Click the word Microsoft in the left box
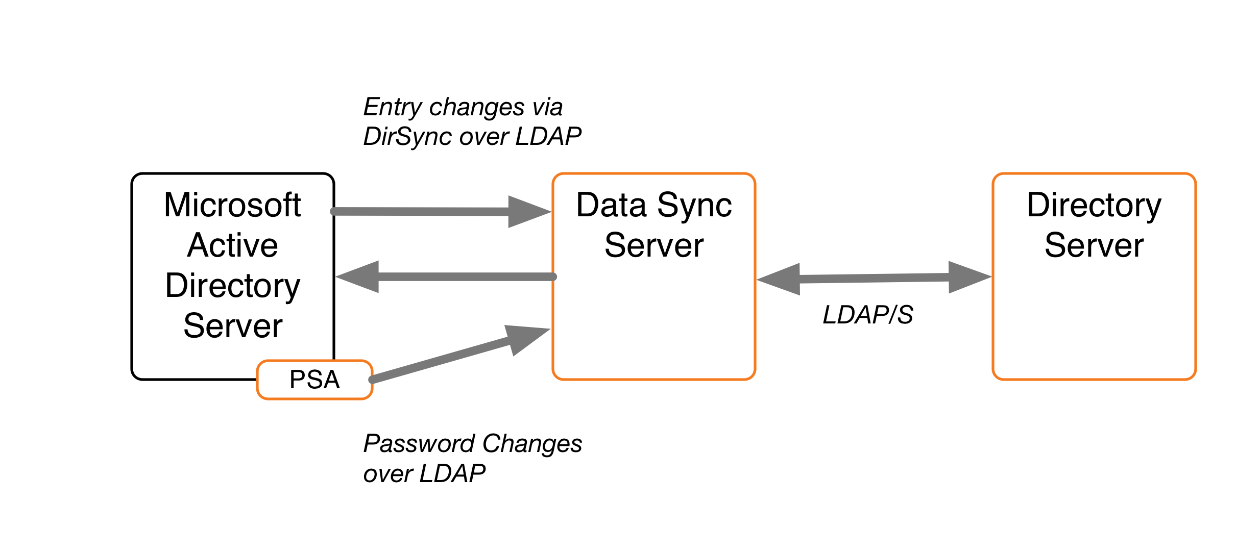pyautogui.click(x=232, y=205)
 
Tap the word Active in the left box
pyautogui.click(x=232, y=245)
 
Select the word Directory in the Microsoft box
pyautogui.click(x=232, y=286)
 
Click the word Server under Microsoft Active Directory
pyautogui.click(x=233, y=326)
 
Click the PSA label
pyautogui.click(x=314, y=380)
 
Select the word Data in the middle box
pyautogui.click(x=611, y=205)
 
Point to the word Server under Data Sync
pyautogui.click(x=654, y=245)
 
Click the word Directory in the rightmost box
pyautogui.click(x=1094, y=205)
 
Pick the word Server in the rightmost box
pyautogui.click(x=1094, y=245)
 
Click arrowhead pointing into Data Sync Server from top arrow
pyautogui.click(x=528, y=212)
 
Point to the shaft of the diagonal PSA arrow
pyautogui.click(x=439, y=360)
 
